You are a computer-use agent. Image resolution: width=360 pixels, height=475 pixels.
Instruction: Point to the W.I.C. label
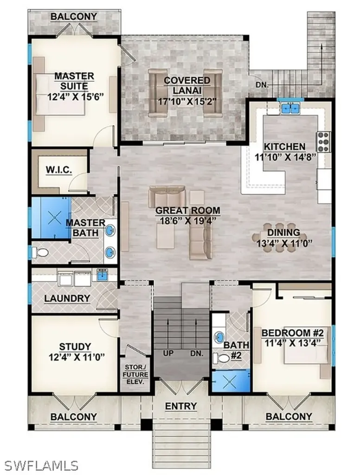point(59,170)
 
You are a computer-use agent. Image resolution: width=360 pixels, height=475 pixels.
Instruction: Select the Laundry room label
point(67,298)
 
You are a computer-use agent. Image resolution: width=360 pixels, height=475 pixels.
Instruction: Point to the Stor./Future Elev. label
point(135,374)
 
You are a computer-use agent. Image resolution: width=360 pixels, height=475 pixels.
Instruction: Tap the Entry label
point(181,406)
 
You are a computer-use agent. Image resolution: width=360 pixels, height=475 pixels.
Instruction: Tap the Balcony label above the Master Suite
point(74,17)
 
